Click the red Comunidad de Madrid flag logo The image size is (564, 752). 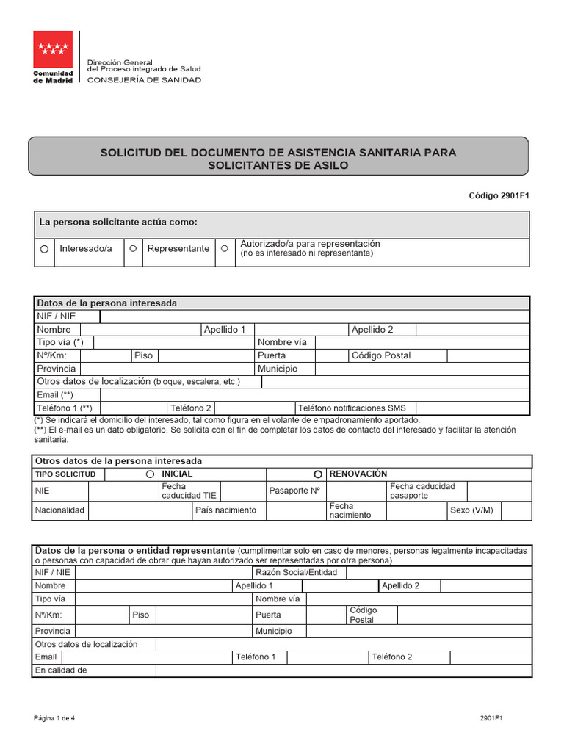coord(53,50)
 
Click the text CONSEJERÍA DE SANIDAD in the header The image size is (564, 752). coord(144,80)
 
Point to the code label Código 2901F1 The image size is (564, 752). coord(499,195)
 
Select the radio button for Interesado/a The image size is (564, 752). coord(44,250)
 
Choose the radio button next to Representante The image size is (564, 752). coord(133,249)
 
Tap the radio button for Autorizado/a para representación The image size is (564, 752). coord(225,249)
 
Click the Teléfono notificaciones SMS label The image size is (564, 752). coord(352,408)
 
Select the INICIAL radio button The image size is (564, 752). coord(151,474)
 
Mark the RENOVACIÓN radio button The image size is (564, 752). coord(318,474)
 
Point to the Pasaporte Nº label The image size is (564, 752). coord(295,491)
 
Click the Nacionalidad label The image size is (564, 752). coord(59,510)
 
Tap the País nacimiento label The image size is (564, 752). coord(226,510)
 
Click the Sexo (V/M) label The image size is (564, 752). coord(471,510)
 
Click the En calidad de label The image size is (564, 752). coord(61,670)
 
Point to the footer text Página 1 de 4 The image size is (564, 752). coord(54,718)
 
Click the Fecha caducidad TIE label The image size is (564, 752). coord(189,491)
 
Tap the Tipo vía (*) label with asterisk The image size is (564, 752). coord(60,342)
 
